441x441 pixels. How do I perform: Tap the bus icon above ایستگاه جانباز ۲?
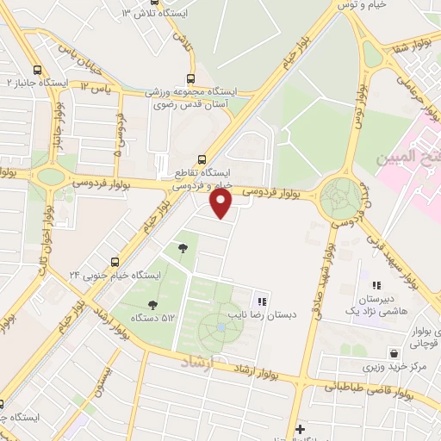pos(37,71)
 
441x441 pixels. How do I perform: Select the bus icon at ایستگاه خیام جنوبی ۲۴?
pos(115,262)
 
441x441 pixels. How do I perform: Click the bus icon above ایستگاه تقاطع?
pos(202,158)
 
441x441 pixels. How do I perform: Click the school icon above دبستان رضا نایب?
pos(261,301)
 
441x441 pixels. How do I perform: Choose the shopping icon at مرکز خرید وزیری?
pos(394,353)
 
